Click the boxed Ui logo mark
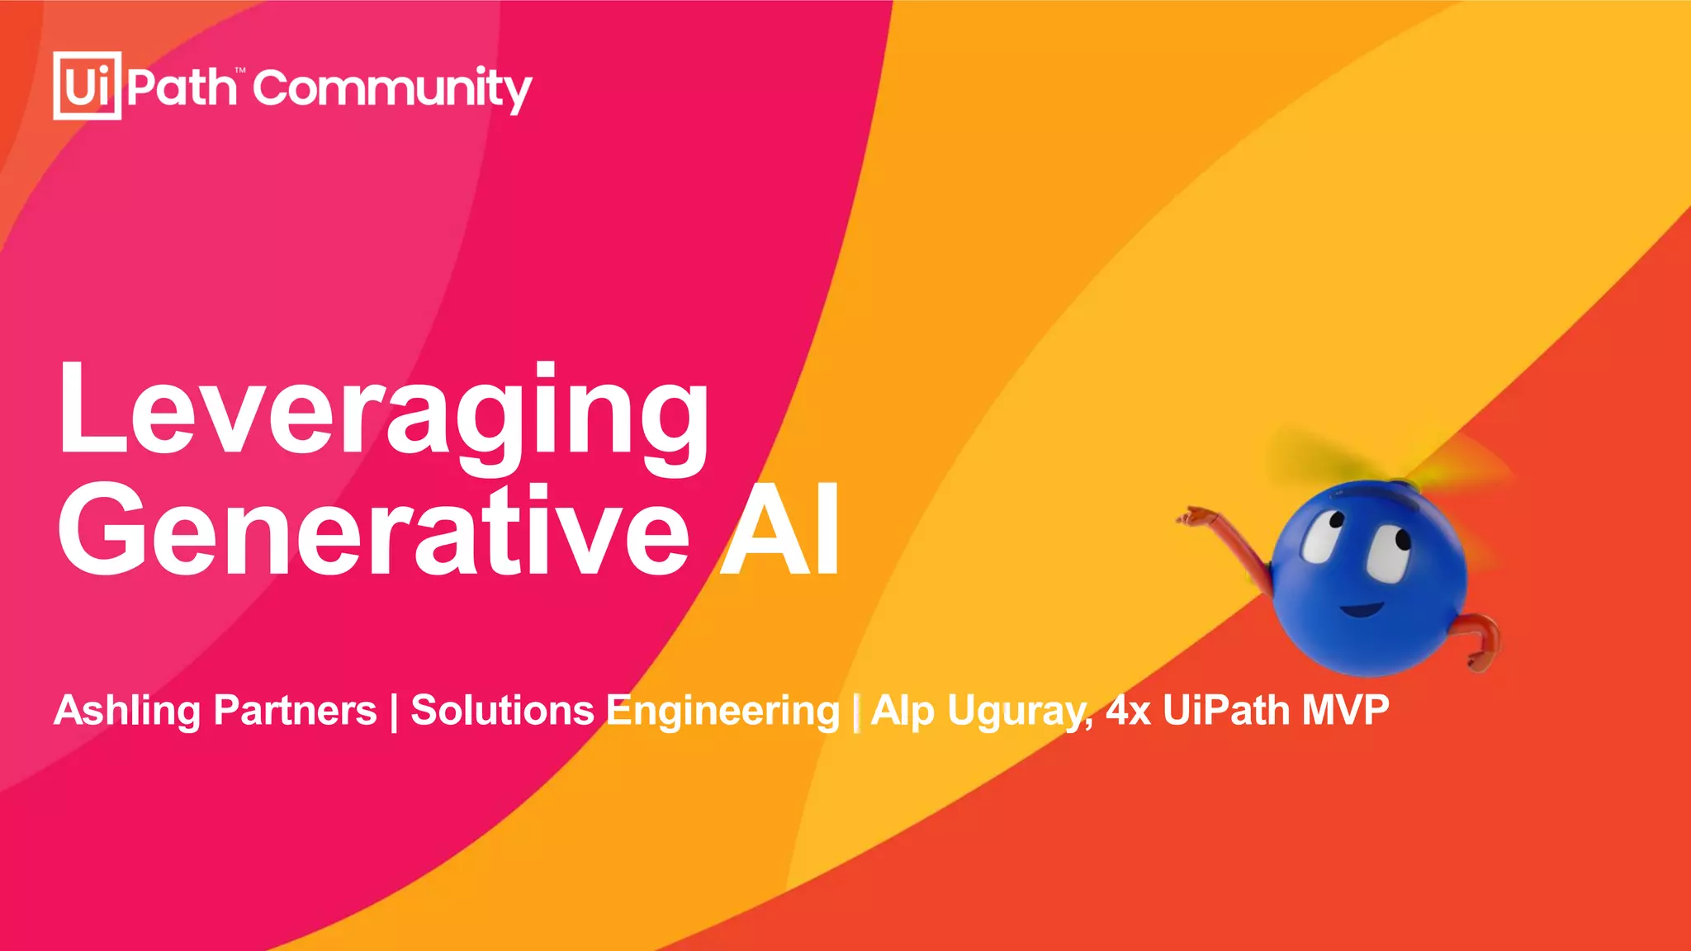coord(87,86)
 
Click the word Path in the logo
coord(181,88)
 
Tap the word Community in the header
coord(392,89)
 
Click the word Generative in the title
coord(372,529)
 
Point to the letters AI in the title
coord(781,529)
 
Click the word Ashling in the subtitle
coord(127,711)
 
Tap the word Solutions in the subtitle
coord(502,711)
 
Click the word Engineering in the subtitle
coord(723,711)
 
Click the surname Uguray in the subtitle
coord(1021,711)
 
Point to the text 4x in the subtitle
coord(1128,711)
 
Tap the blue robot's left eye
coord(1322,537)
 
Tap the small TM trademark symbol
coord(240,72)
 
